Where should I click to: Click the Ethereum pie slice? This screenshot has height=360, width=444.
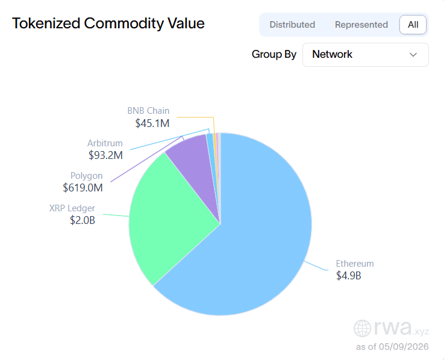tap(249, 241)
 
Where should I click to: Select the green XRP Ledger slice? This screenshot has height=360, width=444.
tap(167, 215)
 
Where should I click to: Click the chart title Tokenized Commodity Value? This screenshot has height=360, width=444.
tap(108, 23)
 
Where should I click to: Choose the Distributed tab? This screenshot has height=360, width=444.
tap(292, 25)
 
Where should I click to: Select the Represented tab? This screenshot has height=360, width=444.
tap(361, 25)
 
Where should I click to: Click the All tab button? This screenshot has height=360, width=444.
tap(413, 25)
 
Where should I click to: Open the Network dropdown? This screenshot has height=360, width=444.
tap(365, 55)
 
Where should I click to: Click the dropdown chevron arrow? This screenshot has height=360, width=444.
tap(413, 55)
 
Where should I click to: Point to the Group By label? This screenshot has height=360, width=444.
tap(274, 54)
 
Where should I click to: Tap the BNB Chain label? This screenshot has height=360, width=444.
tap(148, 111)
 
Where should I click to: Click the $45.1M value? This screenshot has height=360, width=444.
tap(152, 123)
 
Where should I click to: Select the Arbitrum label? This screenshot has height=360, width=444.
tap(105, 143)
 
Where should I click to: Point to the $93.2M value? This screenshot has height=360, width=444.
tap(105, 155)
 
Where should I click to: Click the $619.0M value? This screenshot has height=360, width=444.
tap(83, 188)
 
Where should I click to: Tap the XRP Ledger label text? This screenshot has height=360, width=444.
tap(72, 208)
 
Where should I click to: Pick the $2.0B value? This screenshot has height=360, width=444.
tap(83, 220)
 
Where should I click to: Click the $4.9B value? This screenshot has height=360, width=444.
tap(349, 275)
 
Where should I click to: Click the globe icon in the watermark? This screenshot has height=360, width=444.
tap(362, 328)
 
